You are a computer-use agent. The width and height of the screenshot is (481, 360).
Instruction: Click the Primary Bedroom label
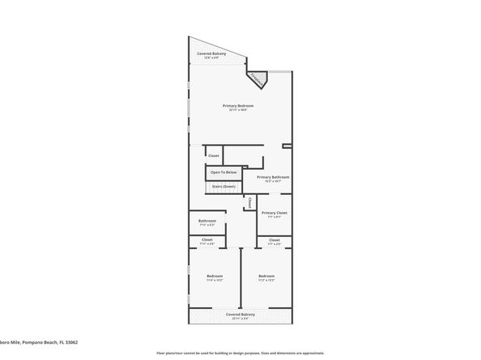239,106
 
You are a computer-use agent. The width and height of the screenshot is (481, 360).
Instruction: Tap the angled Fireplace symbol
258,79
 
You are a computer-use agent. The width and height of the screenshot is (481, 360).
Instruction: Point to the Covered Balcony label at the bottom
240,315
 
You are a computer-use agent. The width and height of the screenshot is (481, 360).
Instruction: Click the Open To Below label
223,172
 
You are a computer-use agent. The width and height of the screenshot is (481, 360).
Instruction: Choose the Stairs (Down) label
223,187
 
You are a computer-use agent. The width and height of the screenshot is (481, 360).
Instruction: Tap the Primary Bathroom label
273,177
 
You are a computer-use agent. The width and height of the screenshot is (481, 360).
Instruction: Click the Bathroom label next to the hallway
207,221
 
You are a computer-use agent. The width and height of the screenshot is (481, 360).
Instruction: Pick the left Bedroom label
215,277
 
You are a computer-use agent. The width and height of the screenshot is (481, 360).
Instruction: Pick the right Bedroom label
267,277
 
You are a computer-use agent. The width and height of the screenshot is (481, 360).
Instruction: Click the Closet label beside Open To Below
214,155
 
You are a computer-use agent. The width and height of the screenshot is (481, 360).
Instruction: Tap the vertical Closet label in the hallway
250,202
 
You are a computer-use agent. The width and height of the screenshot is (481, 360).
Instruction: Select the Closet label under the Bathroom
207,239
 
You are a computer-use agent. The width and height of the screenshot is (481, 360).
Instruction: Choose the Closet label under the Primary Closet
275,239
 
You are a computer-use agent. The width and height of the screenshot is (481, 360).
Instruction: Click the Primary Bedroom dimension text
239,111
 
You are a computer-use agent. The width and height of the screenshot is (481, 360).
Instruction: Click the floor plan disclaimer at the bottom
240,354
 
